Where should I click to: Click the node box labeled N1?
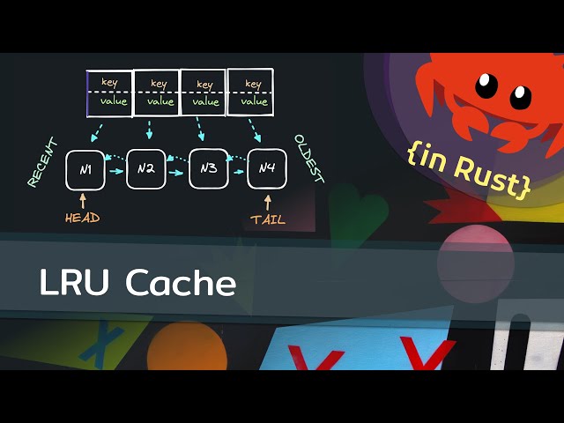click(85, 169)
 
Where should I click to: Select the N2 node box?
click(146, 169)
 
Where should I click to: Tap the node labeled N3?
click(209, 169)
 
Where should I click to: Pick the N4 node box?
click(267, 169)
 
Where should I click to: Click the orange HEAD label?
click(83, 218)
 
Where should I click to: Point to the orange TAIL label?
click(268, 219)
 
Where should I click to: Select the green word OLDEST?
click(309, 159)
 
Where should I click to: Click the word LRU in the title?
click(73, 283)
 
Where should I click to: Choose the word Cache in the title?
click(181, 283)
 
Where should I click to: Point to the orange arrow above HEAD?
click(84, 200)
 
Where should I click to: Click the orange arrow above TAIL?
click(267, 201)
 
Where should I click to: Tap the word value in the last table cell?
click(254, 101)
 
